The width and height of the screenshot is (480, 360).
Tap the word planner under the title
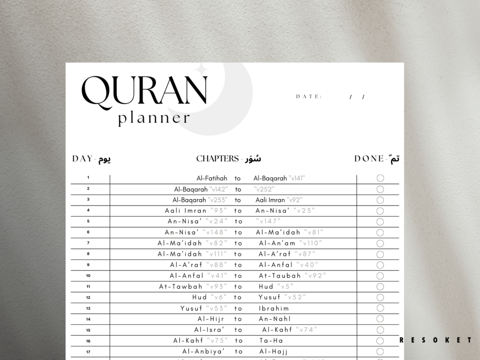click(x=154, y=118)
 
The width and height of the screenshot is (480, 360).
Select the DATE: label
click(x=309, y=96)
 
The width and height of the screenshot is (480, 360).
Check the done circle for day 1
click(x=380, y=178)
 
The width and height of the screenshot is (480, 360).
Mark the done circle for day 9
click(x=380, y=265)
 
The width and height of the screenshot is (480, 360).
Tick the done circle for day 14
click(x=380, y=319)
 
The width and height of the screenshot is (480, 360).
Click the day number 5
click(x=88, y=221)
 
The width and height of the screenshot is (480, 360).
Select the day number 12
click(x=88, y=297)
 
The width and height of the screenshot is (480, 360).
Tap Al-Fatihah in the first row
click(x=212, y=179)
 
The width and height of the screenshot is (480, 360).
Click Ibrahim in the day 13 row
click(x=274, y=308)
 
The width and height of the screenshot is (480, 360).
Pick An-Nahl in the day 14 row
click(x=275, y=319)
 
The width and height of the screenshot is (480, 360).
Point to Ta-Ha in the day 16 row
click(x=271, y=341)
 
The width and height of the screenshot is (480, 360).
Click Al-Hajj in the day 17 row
click(x=273, y=351)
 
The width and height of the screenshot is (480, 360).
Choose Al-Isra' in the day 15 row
click(x=209, y=330)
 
